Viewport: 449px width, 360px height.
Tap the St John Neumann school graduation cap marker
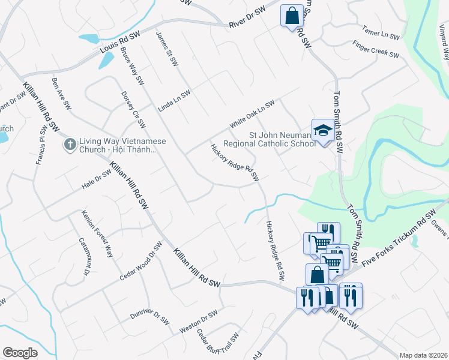pos(322,131)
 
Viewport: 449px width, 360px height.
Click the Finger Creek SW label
pos(375,50)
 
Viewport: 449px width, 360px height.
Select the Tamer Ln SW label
pos(381,32)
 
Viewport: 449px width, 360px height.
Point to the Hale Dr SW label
pos(96,180)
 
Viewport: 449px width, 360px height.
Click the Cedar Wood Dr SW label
pos(141,261)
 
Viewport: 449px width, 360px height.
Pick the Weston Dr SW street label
pos(198,322)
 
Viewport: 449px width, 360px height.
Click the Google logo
pos(20,353)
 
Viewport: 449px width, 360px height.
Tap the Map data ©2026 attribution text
pos(423,355)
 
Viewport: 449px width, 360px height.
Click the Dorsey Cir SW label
pos(133,109)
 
